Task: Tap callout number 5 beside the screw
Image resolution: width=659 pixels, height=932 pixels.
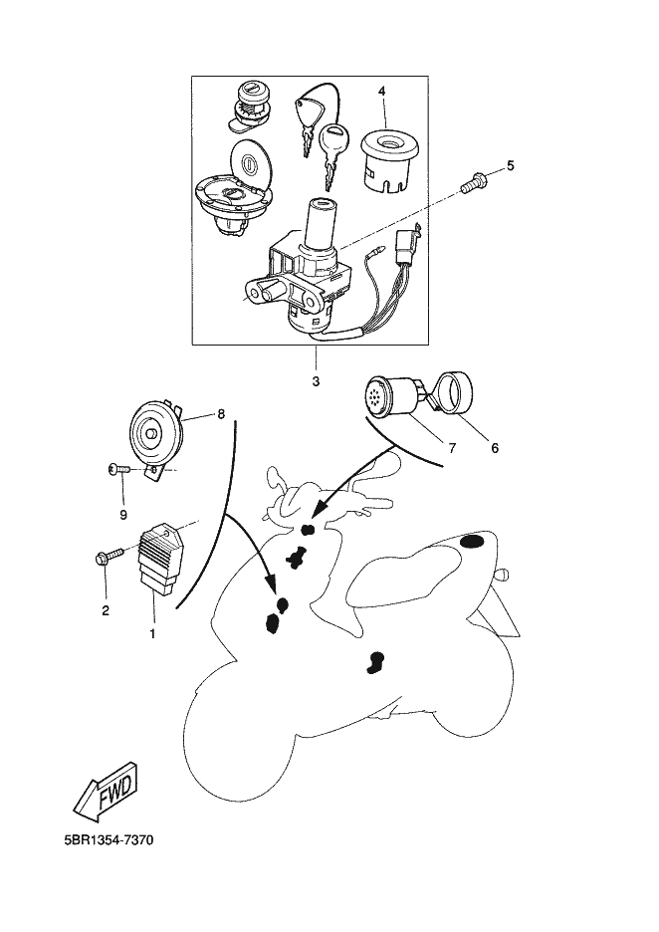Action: (x=510, y=165)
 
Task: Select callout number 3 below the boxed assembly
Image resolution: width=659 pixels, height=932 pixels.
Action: (x=316, y=381)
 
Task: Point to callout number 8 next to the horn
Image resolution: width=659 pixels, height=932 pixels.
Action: (x=220, y=413)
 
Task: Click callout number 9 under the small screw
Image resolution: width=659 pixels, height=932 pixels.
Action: (x=123, y=514)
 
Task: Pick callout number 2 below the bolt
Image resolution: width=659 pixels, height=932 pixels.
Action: (x=106, y=609)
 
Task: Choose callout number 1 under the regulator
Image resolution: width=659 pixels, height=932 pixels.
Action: (x=152, y=634)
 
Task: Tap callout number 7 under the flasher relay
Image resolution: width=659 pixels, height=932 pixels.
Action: (x=452, y=447)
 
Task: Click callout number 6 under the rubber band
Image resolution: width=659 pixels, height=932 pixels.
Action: (x=495, y=447)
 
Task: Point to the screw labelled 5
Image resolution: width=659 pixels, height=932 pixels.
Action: (x=473, y=181)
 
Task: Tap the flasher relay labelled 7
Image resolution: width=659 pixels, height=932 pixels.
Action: (x=388, y=394)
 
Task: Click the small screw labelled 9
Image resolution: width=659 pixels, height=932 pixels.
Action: (x=118, y=470)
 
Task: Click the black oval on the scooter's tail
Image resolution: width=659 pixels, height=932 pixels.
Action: (x=473, y=542)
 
